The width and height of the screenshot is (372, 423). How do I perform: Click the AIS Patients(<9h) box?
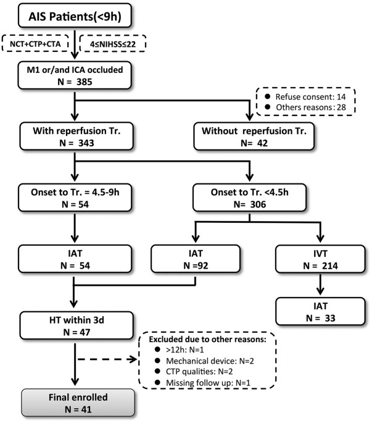[x=75, y=15]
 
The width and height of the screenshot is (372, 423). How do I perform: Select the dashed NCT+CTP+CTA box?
[x=35, y=43]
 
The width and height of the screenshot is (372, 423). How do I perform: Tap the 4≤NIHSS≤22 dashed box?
[x=113, y=43]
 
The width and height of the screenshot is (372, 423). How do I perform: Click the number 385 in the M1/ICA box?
[x=84, y=82]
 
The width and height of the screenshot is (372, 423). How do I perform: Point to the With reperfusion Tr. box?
[x=76, y=136]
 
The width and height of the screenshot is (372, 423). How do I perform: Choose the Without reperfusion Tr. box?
[x=254, y=136]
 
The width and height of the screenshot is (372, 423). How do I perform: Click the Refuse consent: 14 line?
[x=305, y=96]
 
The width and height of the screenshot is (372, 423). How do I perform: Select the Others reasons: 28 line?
[x=305, y=107]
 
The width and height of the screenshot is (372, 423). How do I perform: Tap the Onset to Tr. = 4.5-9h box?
[x=75, y=198]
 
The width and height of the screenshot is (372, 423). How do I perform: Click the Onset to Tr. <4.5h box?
[x=249, y=198]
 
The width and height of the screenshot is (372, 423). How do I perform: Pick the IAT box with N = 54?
[x=75, y=259]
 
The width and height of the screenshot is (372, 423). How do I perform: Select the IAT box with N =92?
[x=196, y=259]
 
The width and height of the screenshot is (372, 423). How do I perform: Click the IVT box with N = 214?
[x=320, y=259]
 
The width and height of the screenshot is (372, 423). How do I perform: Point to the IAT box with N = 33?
[x=320, y=311]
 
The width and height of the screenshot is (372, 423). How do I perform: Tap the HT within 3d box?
[x=76, y=325]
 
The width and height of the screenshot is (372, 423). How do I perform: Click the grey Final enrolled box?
[x=78, y=403]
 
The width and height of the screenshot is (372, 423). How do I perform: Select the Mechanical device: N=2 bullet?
[x=204, y=361]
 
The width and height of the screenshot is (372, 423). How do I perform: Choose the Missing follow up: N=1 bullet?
[x=203, y=382]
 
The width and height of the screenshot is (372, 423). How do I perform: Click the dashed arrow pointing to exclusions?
[x=107, y=359]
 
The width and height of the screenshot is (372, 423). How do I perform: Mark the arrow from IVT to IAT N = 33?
[x=320, y=284]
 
